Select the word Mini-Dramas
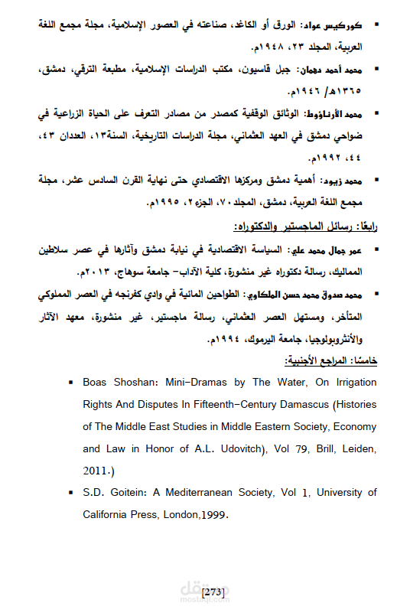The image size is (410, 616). click(x=185, y=381)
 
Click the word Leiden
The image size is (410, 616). click(x=337, y=448)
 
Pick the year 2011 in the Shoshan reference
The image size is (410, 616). click(x=96, y=471)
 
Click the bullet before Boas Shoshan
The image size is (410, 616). click(x=70, y=381)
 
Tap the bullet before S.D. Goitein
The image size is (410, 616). click(x=70, y=493)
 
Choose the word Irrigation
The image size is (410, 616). click(x=353, y=381)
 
